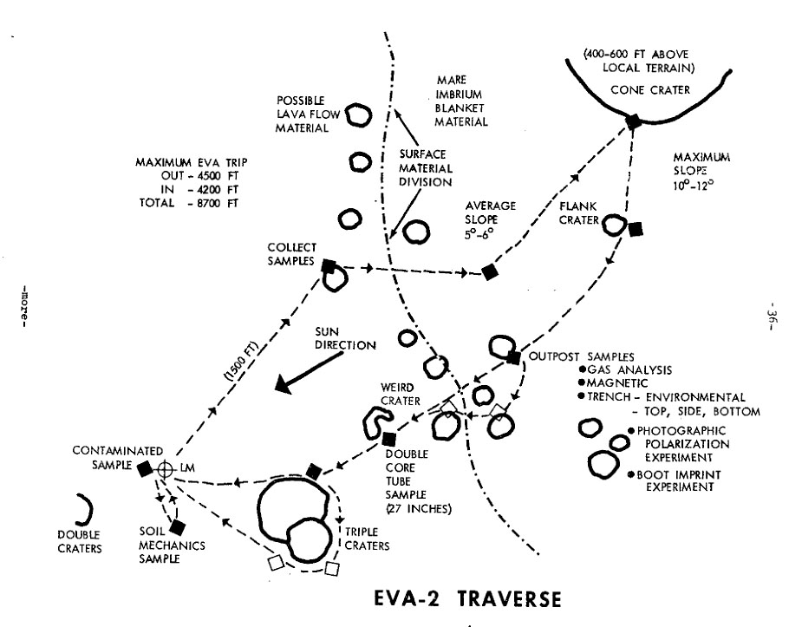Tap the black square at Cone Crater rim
click(634, 121)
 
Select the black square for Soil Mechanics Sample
click(178, 526)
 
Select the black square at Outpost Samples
click(513, 357)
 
